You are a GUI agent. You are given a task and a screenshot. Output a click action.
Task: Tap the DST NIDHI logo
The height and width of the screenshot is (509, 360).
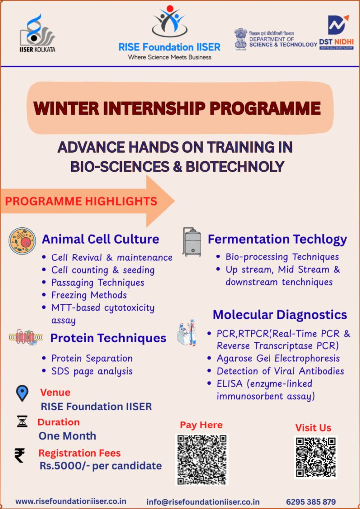pos(337,32)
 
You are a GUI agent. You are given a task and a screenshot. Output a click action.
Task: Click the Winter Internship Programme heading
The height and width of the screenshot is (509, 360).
pos(177,108)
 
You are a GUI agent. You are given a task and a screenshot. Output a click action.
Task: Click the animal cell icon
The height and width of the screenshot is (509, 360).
pos(22,241)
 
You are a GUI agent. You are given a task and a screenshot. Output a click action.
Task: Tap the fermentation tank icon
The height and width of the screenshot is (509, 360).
pos(192,242)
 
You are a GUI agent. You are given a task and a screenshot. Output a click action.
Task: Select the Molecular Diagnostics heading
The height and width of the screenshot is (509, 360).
pos(279,315)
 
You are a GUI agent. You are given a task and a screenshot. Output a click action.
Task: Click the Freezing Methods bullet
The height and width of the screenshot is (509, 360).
pos(89,295)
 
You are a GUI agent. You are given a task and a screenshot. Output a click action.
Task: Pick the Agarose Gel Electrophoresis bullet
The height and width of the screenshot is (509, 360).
pos(278,358)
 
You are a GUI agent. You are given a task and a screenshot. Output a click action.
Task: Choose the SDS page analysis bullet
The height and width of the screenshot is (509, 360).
pos(91,371)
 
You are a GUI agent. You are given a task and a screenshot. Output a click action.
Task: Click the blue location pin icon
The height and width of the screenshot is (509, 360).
pos(22,393)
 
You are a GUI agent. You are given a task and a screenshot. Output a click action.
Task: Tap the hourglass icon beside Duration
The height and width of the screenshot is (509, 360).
pos(22,422)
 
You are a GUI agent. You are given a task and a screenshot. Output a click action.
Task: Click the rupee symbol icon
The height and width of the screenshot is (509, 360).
pos(20,455)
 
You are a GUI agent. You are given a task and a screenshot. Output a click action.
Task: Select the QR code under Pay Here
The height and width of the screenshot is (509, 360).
pos(201,459)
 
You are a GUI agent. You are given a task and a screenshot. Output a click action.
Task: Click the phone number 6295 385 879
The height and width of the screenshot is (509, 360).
pos(311,502)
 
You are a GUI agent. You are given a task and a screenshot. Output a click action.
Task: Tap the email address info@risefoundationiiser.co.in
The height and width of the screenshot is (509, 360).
pos(203,502)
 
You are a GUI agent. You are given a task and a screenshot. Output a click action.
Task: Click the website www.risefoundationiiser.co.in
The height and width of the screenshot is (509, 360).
pos(71,501)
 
